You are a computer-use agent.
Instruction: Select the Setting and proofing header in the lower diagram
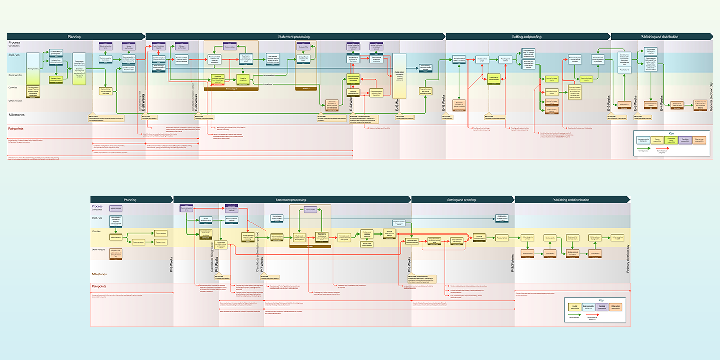tap(460, 199)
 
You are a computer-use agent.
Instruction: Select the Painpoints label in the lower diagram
tap(99, 286)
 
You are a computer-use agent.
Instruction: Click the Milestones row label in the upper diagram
tap(16, 115)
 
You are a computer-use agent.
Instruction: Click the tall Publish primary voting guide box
tap(400, 75)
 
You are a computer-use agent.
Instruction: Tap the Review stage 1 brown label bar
tap(230, 88)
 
